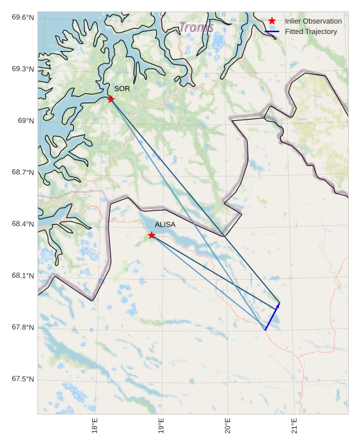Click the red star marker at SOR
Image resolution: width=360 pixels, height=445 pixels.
click(x=110, y=99)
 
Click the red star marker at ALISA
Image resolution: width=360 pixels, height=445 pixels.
click(x=152, y=235)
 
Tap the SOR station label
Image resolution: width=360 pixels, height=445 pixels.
click(x=122, y=88)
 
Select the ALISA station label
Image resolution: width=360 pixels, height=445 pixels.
click(x=165, y=225)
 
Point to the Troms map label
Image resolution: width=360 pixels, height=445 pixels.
click(x=196, y=27)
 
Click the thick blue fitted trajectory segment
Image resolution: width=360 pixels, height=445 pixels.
click(x=272, y=316)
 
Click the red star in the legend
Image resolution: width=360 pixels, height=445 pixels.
click(x=272, y=21)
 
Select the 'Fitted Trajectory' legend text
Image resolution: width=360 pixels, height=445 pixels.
click(x=310, y=31)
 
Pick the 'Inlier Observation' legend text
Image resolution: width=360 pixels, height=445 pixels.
click(x=313, y=21)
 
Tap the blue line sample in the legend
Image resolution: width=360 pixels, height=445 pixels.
click(x=272, y=31)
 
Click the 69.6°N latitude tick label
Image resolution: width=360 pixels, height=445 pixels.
click(x=22, y=17)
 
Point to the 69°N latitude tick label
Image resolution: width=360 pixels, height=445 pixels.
click(x=25, y=121)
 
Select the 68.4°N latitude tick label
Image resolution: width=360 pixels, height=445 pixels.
click(x=22, y=224)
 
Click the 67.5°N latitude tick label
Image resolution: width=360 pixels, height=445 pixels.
click(x=22, y=380)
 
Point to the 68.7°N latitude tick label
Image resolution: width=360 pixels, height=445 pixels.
click(x=22, y=173)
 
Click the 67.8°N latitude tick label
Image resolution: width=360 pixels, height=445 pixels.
click(x=22, y=327)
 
